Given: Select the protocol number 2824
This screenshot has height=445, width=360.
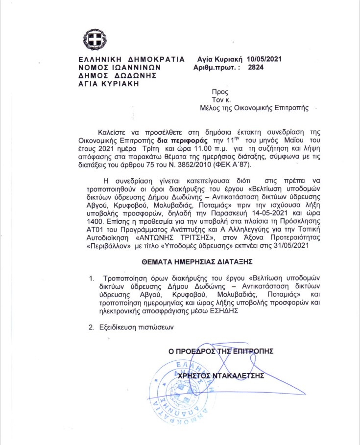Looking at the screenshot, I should [x=256, y=68].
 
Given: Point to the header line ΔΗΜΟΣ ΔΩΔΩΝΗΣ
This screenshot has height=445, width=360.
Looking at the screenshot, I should [x=116, y=75].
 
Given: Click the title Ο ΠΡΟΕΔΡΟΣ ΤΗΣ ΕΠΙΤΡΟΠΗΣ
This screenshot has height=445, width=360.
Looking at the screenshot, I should [x=220, y=351].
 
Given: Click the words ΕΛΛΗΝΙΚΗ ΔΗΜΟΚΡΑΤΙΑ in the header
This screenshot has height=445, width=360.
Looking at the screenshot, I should [x=132, y=59].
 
